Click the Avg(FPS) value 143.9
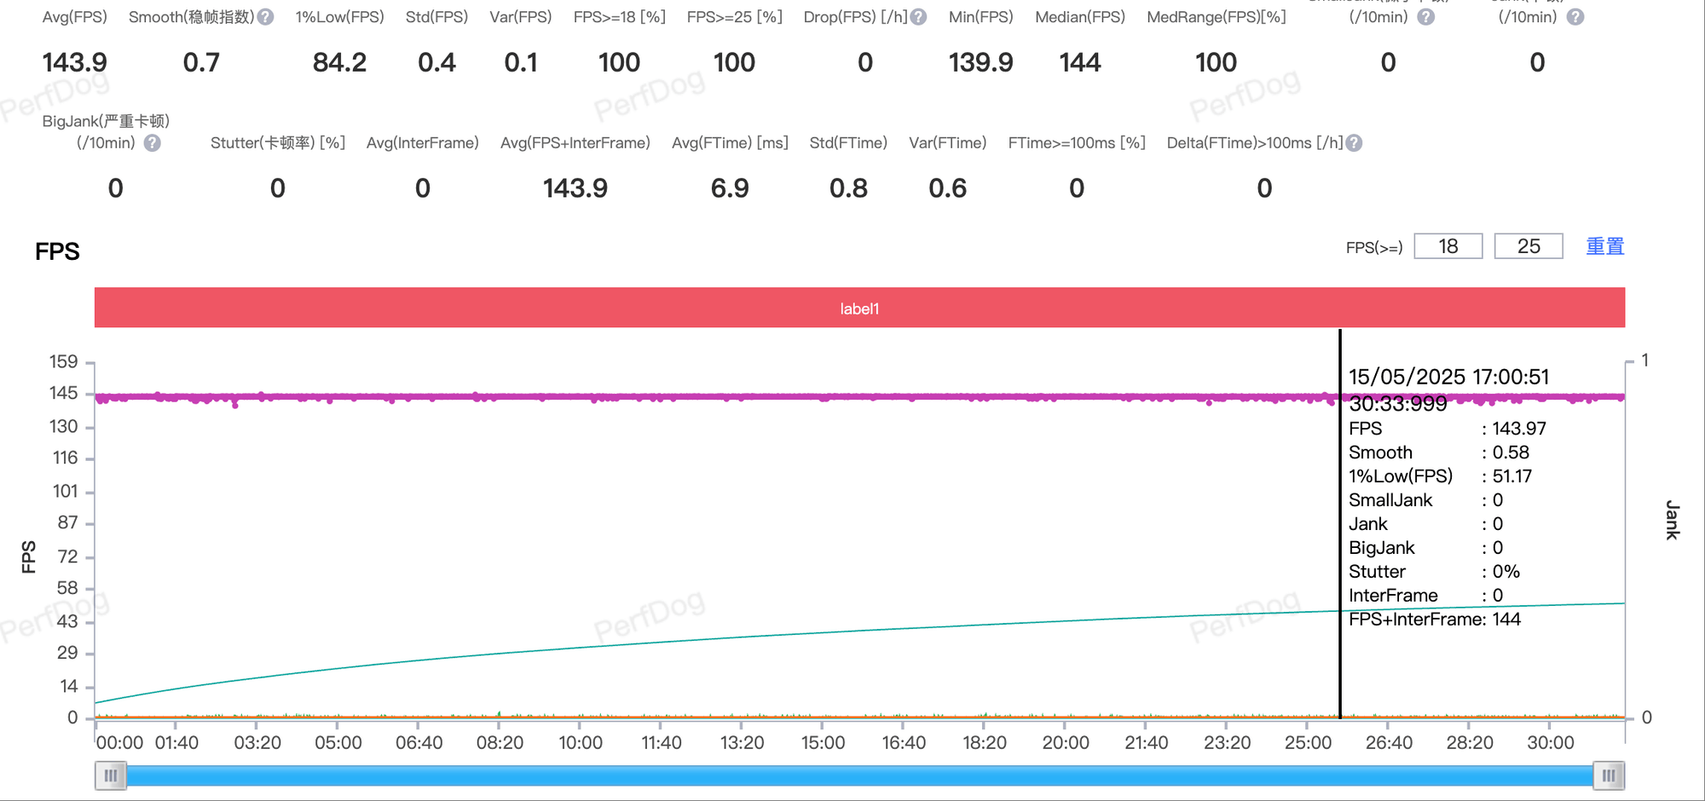point(75,62)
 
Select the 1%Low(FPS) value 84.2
point(339,62)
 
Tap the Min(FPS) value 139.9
point(980,62)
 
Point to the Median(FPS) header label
point(1079,17)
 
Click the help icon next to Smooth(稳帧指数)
point(266,17)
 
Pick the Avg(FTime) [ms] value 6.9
point(730,188)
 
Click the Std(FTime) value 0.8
point(848,188)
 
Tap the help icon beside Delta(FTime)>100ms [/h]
point(1354,143)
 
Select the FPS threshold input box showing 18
point(1448,246)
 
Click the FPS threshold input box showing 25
point(1528,246)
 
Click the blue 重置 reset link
point(1604,246)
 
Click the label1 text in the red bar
point(859,308)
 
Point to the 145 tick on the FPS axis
point(64,393)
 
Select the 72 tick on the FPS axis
point(67,556)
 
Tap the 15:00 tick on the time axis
point(823,742)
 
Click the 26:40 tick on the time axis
point(1389,742)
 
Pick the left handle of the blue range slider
point(111,775)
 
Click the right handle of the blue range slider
point(1609,775)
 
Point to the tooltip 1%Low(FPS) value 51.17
point(1511,476)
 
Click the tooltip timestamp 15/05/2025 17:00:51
point(1448,377)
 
